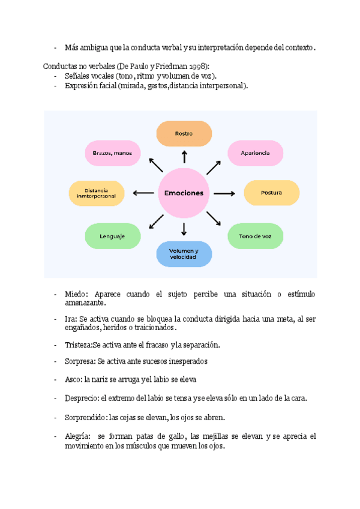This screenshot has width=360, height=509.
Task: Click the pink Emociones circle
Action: coord(184,193)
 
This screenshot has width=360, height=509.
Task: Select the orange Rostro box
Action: coord(184,133)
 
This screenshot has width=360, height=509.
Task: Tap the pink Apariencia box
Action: coord(255,153)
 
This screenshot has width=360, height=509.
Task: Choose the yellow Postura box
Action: coord(271,193)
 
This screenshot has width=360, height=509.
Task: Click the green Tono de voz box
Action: coord(255,236)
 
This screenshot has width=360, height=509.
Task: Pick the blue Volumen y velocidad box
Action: coord(184,253)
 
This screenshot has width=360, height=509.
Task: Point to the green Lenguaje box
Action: coord(112,236)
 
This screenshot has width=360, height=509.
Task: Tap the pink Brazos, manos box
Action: coord(112,153)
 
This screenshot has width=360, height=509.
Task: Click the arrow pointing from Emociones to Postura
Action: coord(224,193)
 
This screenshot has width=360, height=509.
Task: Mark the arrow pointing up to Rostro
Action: coord(184,157)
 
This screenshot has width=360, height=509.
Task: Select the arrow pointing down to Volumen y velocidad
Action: coord(184,229)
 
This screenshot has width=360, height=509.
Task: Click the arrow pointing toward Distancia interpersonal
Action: coord(143,193)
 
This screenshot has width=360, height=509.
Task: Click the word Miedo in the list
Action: coord(76,294)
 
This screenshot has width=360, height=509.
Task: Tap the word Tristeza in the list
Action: coord(78,345)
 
